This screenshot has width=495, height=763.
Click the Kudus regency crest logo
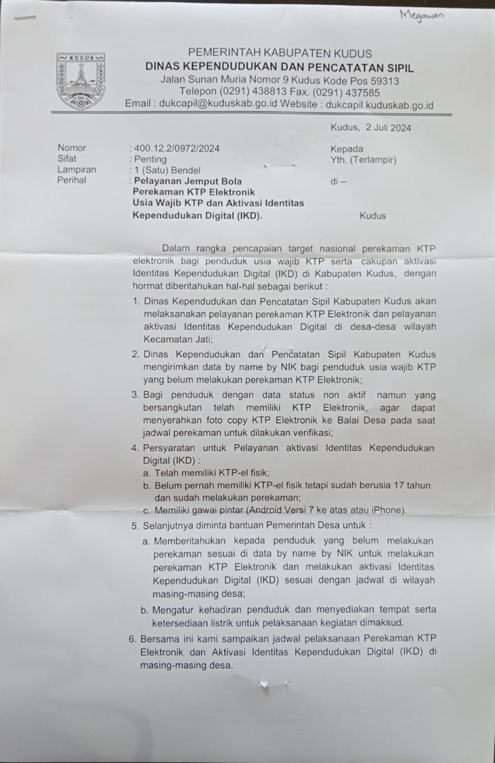click(x=81, y=81)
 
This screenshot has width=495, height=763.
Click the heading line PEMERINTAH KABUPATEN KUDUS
click(x=279, y=54)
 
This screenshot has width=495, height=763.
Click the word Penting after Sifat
click(x=151, y=159)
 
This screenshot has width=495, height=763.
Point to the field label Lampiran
click(x=77, y=170)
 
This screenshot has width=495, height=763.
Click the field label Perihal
click(x=72, y=180)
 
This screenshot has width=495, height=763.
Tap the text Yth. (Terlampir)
click(x=363, y=160)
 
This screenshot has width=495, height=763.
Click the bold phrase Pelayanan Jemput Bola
click(x=188, y=181)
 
